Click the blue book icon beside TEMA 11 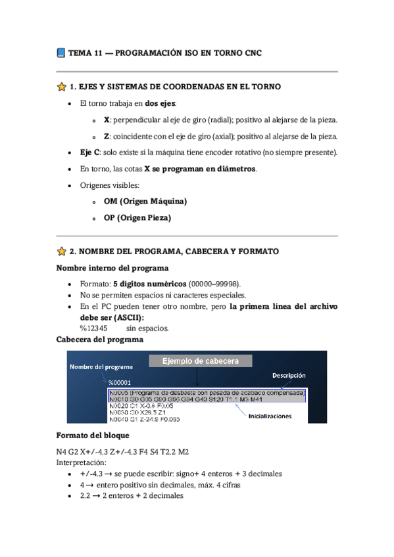point(61,53)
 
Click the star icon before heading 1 point(61,87)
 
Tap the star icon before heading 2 point(61,251)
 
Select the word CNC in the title point(252,53)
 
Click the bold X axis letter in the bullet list point(107,120)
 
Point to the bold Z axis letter point(107,137)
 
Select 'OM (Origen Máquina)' point(145,201)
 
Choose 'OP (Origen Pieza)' point(137,217)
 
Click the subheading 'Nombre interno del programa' point(112,268)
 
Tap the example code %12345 point(93,328)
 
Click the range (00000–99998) point(214,283)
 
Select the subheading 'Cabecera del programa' point(100,340)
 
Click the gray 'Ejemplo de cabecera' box point(199,361)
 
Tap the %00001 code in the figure point(120,382)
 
